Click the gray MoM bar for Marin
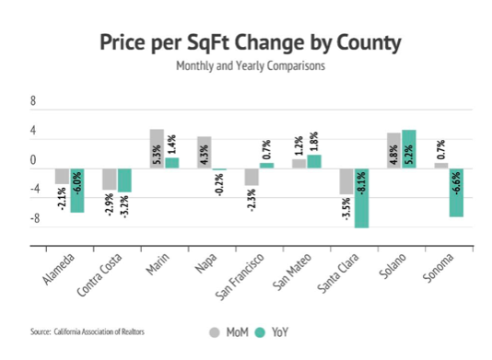(157, 148)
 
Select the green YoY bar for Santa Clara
(361, 198)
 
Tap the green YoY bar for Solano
(409, 149)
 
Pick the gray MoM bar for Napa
(204, 153)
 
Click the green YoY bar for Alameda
(77, 191)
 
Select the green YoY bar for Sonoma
(456, 192)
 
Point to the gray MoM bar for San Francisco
(252, 177)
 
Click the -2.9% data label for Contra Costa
(109, 204)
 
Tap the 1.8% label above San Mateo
(314, 142)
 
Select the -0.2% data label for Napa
(220, 185)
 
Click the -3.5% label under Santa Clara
(346, 208)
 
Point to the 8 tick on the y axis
(33, 101)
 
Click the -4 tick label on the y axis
(35, 189)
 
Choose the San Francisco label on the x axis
(240, 277)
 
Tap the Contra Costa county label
(99, 275)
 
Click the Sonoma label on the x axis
(438, 268)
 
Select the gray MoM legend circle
(215, 332)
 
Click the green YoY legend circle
(260, 332)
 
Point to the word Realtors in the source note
(133, 331)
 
